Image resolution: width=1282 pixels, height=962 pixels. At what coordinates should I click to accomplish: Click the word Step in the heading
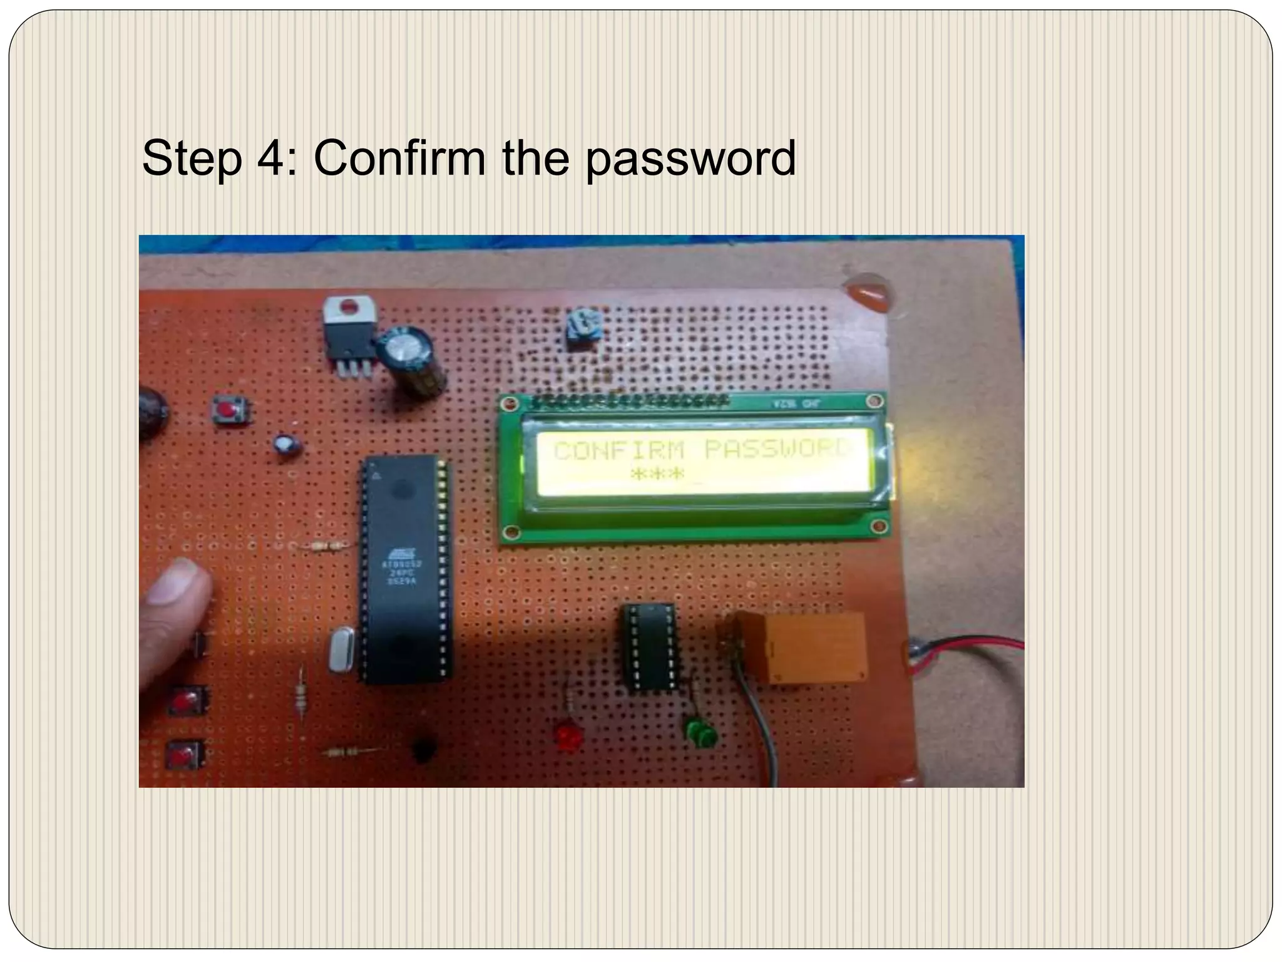point(191,158)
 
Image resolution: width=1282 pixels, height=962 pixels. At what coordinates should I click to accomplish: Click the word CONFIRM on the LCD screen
point(619,450)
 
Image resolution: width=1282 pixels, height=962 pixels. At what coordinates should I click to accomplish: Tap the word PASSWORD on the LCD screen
point(778,449)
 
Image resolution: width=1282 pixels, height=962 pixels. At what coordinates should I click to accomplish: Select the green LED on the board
point(700,733)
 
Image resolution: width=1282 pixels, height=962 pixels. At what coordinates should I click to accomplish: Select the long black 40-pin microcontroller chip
point(404,570)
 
